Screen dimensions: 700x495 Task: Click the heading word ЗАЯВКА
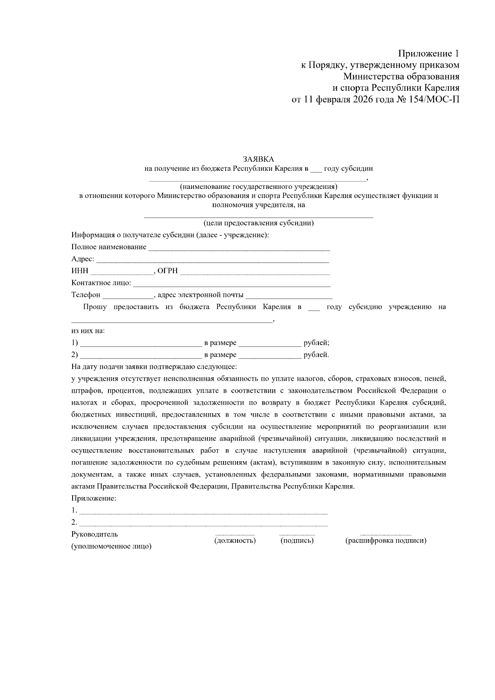(258, 159)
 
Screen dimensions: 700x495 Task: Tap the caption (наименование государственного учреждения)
(259, 186)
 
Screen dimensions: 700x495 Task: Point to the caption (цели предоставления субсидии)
(259, 223)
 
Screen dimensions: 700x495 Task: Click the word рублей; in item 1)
(316, 343)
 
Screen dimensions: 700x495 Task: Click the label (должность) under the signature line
(235, 540)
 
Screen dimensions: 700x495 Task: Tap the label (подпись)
(297, 540)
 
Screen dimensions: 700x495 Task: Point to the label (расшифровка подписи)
(386, 540)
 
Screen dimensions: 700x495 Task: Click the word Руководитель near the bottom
(94, 534)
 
